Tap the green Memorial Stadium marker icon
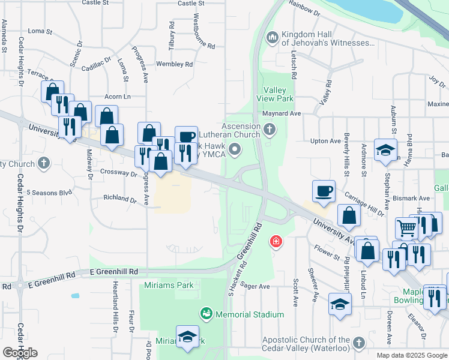point(206,314)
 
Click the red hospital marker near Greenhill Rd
point(276,242)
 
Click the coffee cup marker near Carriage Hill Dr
point(324,191)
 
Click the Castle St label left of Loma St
point(95,3)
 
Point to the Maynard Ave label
point(280,113)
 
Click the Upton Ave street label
point(327,141)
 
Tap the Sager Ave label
point(255,287)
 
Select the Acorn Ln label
point(117,96)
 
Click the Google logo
point(20,353)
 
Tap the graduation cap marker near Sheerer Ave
point(340,305)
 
